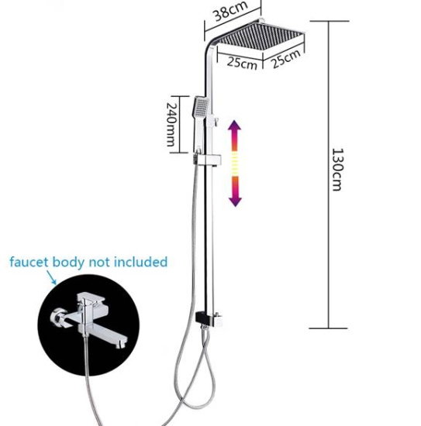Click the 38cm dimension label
230,11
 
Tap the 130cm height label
338,170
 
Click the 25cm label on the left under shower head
242,63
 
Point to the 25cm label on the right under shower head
285,58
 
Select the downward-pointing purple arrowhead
235,201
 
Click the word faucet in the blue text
29,262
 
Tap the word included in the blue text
140,262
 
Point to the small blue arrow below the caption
51,277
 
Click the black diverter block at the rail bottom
209,318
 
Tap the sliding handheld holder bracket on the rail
208,160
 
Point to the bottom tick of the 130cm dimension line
328,328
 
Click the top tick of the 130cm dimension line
330,21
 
